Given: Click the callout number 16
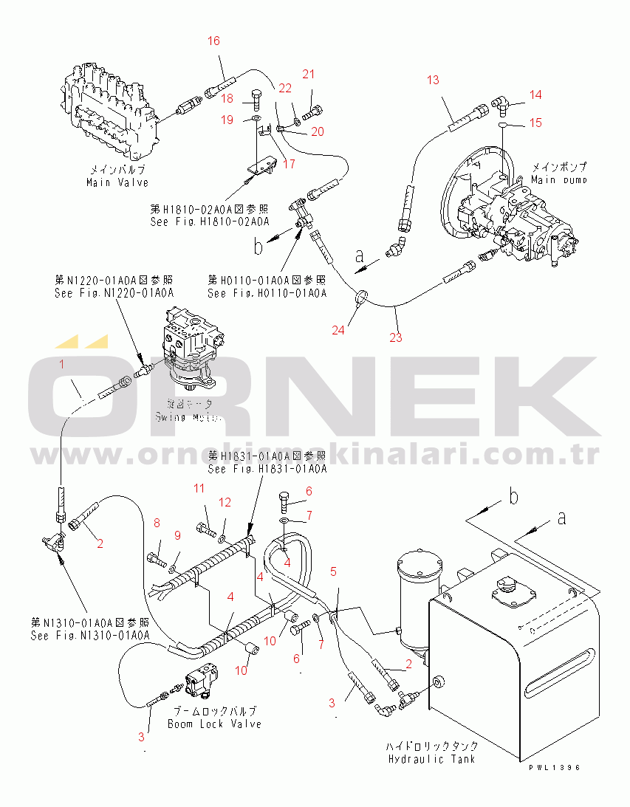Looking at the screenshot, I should [x=213, y=41].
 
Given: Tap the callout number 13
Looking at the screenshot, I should [x=432, y=80].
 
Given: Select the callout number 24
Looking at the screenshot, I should [x=338, y=330].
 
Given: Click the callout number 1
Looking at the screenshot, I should [x=62, y=364].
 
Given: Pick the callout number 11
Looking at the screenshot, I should [x=199, y=488].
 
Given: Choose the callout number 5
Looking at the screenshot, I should [x=333, y=571].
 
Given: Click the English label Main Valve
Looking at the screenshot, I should [x=117, y=182].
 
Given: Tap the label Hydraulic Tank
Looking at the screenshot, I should [x=432, y=759].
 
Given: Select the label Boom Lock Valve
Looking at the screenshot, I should [x=214, y=724].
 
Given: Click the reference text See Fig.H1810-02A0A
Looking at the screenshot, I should [x=209, y=221].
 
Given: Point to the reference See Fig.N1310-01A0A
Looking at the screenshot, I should [x=90, y=635].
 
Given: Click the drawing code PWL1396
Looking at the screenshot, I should [x=555, y=768].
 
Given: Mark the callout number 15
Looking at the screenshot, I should [x=535, y=123].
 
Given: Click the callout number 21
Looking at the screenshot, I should [x=309, y=74].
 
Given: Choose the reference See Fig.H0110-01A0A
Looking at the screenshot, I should [x=267, y=293].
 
